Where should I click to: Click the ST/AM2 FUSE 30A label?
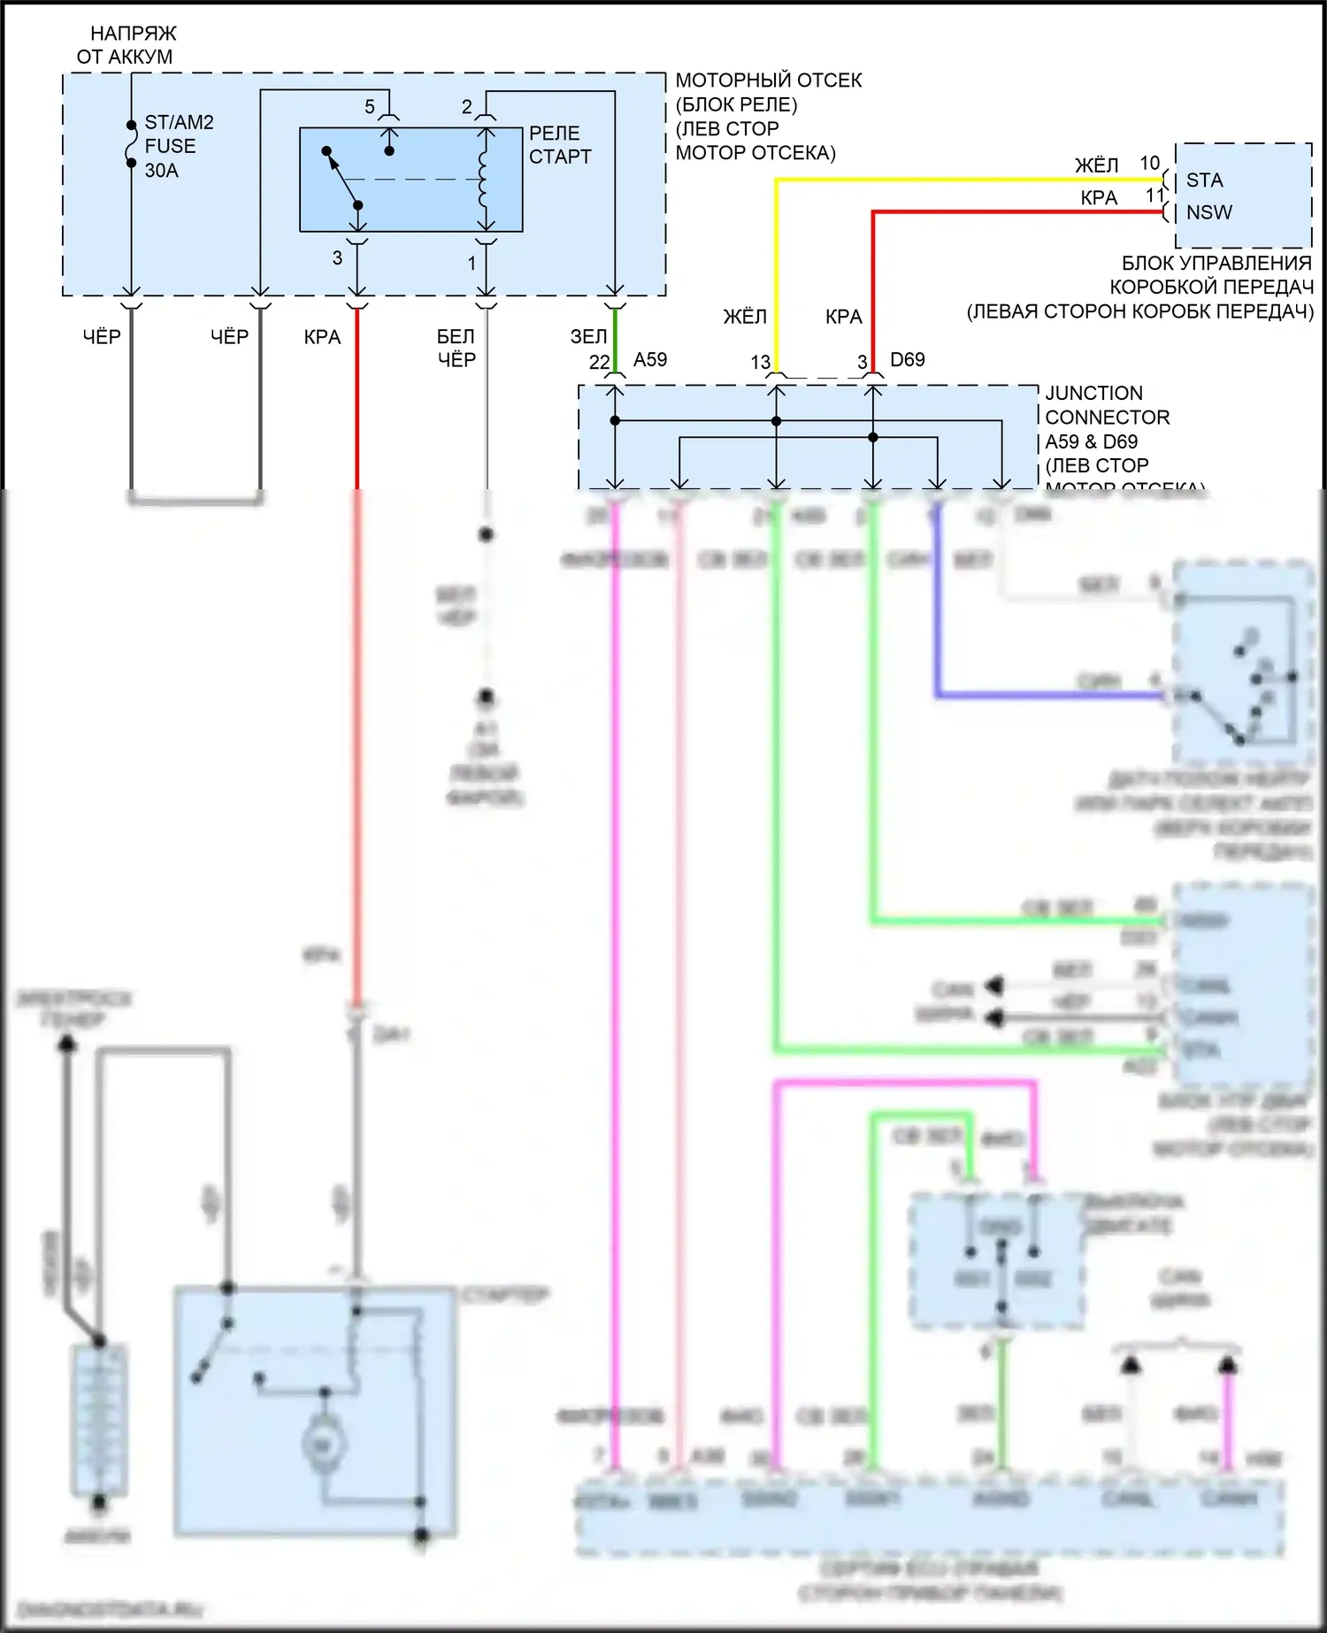coord(178,146)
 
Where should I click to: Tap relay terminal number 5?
coord(370,107)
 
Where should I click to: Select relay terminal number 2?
coord(467,107)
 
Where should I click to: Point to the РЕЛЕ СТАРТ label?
coord(559,145)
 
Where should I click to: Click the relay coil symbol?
coord(484,180)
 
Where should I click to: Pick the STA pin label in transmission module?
coord(1204,180)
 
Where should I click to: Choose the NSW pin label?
coord(1208,212)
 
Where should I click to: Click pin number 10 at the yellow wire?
coord(1149,164)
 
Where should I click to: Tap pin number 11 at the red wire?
coord(1155,195)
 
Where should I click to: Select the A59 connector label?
coord(650,360)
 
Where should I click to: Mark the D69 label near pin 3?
coord(907,360)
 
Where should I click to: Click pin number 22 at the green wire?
coord(599,363)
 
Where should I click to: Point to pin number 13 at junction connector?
coord(760,363)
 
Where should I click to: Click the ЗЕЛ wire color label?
coord(588,337)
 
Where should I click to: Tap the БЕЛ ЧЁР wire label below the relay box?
coord(456,348)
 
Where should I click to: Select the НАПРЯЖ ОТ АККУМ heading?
coord(129,45)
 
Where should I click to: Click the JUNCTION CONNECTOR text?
coord(1106,405)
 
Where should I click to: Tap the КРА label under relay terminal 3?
coord(322,337)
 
